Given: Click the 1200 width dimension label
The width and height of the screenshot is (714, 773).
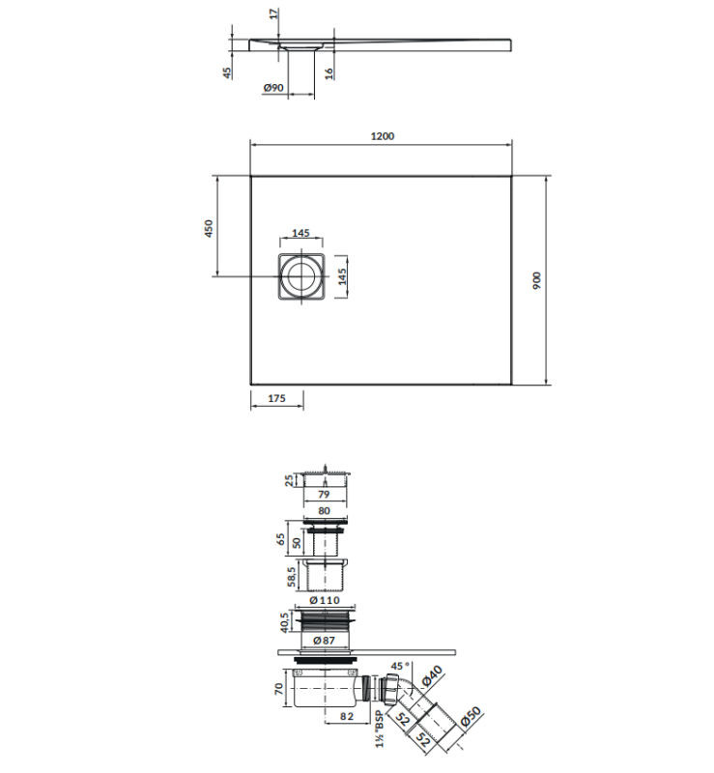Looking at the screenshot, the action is coord(383,136).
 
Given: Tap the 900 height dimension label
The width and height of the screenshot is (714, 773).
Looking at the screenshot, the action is coord(537,280).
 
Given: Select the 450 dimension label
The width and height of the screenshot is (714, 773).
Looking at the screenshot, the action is coord(209,228).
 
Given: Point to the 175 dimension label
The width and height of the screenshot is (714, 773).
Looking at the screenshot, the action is coord(276,398).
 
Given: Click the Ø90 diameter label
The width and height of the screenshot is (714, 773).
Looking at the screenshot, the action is coord(273,88).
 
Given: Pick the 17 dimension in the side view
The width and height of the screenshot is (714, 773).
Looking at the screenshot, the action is coord(274,14).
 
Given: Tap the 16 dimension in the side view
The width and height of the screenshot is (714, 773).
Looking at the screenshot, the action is coord(328,73).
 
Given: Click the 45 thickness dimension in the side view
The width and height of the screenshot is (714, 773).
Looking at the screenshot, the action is coord(226,72).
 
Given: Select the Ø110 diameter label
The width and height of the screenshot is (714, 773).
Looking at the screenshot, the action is coord(325,600).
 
